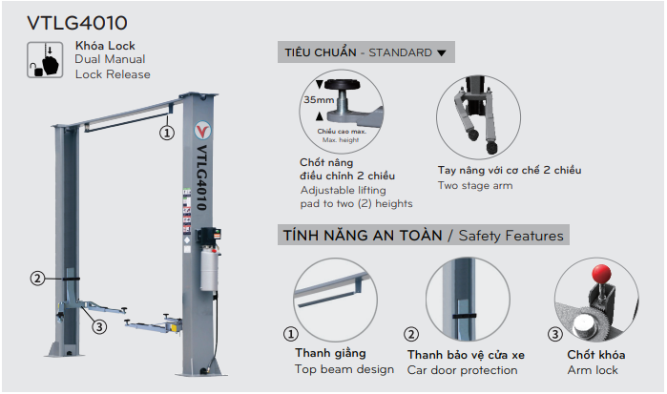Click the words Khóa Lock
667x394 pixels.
[105, 45]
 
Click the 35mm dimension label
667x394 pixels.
[317, 99]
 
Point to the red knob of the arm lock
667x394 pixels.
[602, 274]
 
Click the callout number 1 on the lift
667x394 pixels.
[167, 134]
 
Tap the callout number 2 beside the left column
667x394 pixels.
[38, 279]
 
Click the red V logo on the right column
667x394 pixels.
[202, 128]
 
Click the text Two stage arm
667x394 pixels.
[475, 185]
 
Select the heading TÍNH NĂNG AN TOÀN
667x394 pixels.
[359, 235]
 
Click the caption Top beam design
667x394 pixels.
[344, 368]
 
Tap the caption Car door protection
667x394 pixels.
[462, 369]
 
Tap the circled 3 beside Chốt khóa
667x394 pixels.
[554, 335]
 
